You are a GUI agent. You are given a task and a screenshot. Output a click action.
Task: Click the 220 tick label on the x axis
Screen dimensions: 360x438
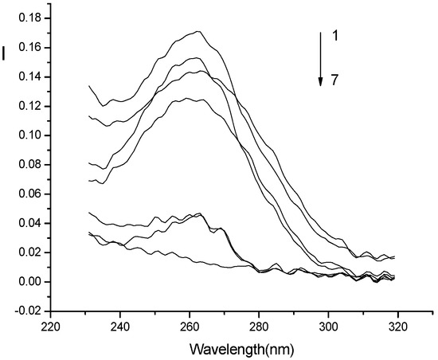click(x=51, y=327)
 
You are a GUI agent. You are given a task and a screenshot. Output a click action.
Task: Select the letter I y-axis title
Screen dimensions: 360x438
click(x=6, y=54)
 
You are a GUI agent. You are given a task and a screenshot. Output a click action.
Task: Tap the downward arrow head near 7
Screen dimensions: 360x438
click(x=320, y=80)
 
